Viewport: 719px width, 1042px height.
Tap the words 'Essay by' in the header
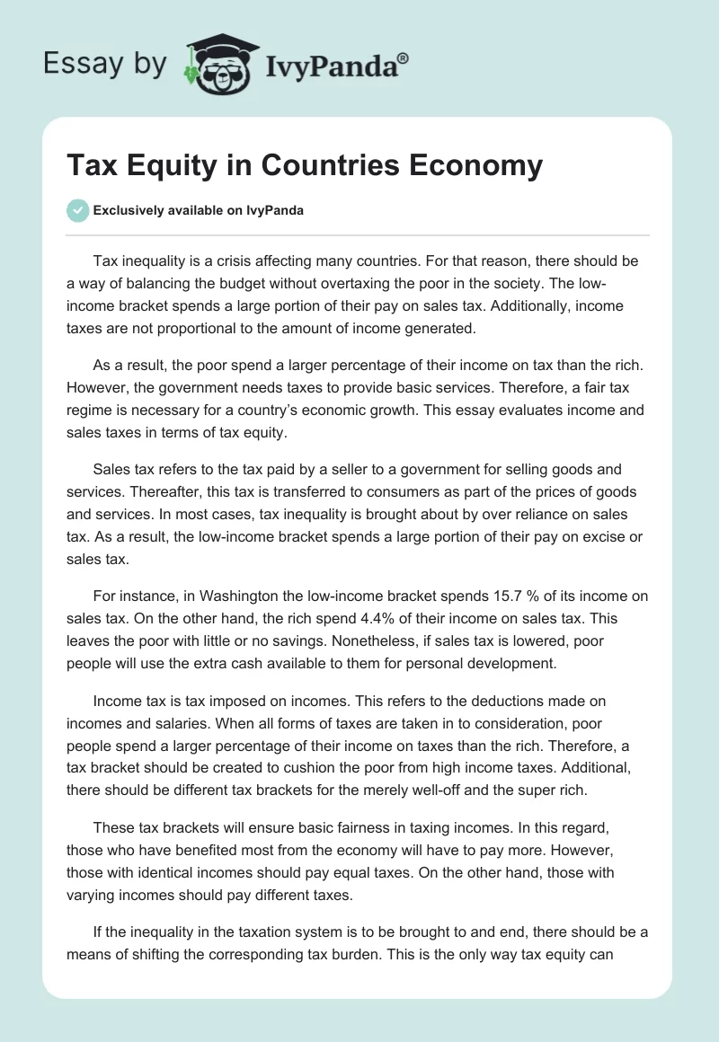tap(104, 64)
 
